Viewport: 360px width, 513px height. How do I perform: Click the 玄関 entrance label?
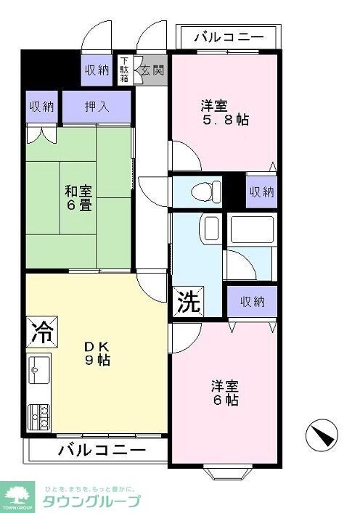(152, 70)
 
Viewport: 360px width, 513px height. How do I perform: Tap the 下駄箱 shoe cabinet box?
(125, 70)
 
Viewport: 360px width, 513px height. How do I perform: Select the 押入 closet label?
(97, 107)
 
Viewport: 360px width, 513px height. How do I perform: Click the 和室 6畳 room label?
(78, 197)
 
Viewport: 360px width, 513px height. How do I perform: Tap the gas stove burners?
(39, 416)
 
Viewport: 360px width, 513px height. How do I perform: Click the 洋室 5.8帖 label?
(224, 112)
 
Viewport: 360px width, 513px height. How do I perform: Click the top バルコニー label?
(227, 36)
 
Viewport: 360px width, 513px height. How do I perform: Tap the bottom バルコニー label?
(101, 450)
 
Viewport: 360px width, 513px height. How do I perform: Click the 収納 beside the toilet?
(261, 192)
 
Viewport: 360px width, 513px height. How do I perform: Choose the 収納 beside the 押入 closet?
(41, 107)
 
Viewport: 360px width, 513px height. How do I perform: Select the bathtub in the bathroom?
(252, 231)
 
